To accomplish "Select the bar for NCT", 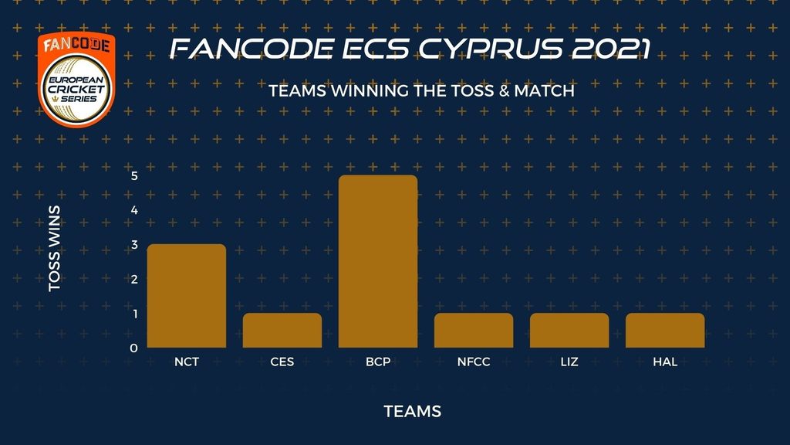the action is (187, 296).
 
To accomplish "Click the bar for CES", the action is (282, 331).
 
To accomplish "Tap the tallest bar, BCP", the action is (378, 261).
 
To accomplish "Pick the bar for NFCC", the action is (474, 331).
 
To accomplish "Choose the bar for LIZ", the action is (569, 331).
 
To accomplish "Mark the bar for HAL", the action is (665, 331).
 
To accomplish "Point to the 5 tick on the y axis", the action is (134, 175).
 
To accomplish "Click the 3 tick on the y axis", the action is (134, 245).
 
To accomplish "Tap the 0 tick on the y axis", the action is (134, 348).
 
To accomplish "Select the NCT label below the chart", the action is (187, 362).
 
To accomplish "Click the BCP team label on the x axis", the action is (378, 362).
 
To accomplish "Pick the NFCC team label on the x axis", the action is (474, 362).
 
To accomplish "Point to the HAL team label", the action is (665, 362).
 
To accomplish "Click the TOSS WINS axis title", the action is (55, 248).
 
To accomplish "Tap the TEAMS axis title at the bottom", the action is (413, 411).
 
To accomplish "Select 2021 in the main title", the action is (612, 49).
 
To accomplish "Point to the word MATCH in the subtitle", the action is (544, 91).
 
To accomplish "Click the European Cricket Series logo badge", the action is (76, 80).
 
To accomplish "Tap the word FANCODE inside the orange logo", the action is (76, 45).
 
